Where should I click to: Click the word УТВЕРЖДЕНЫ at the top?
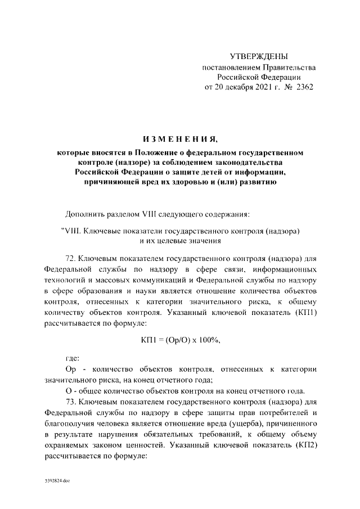(x=259, y=56)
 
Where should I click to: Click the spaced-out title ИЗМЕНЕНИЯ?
(x=180, y=139)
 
